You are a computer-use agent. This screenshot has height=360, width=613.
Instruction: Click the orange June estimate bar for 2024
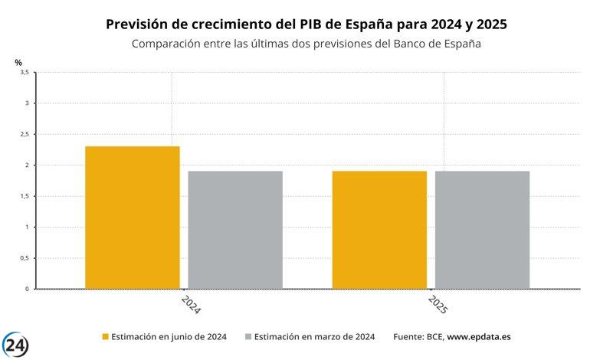coord(133,218)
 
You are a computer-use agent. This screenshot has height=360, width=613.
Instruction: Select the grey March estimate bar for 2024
coord(235,230)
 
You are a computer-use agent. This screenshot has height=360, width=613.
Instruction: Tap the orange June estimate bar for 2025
coord(379,230)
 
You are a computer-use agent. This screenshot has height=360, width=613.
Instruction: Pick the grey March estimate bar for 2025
coord(482,230)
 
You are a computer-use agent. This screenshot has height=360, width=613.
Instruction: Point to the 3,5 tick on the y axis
coord(24,72)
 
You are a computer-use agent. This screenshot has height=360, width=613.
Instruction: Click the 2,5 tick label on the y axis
coord(24,134)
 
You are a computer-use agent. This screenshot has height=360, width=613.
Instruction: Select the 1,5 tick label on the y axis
coord(24,196)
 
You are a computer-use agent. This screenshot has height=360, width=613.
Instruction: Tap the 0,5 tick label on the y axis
coord(24,258)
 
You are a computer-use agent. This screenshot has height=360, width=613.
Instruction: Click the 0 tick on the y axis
coord(27,289)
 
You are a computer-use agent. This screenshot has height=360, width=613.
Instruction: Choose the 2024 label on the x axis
coord(191,304)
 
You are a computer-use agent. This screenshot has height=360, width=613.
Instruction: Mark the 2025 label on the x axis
coord(438,304)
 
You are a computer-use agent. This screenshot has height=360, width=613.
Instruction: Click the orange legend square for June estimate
coord(106,336)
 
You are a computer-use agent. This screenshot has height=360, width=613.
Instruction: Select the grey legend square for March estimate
coord(248,336)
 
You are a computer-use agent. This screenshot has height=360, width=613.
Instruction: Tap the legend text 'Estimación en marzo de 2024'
coord(314,336)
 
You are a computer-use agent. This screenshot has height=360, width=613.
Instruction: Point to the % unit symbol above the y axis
coord(18,61)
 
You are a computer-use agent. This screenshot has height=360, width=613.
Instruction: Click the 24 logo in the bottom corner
coord(16,345)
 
